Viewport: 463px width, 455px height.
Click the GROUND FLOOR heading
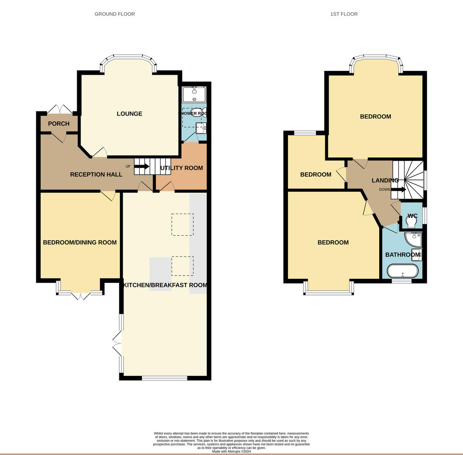(115, 14)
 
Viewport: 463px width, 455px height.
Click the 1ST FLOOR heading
(344, 14)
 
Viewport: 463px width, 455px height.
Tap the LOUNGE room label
(130, 114)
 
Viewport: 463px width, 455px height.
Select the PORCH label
(59, 124)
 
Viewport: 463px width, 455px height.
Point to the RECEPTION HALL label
(96, 175)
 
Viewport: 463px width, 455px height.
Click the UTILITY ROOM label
(181, 168)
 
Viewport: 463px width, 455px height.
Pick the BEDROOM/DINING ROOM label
(79, 243)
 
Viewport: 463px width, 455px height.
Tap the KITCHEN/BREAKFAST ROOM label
(165, 285)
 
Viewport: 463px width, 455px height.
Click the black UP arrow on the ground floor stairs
(142, 167)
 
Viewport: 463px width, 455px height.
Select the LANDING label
(385, 180)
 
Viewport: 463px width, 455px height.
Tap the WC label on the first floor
(412, 216)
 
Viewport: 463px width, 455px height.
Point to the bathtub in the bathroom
(402, 271)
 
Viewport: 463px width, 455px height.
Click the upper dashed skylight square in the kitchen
(182, 224)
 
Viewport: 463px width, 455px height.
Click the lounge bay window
(128, 57)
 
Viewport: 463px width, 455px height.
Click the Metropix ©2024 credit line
(231, 451)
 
